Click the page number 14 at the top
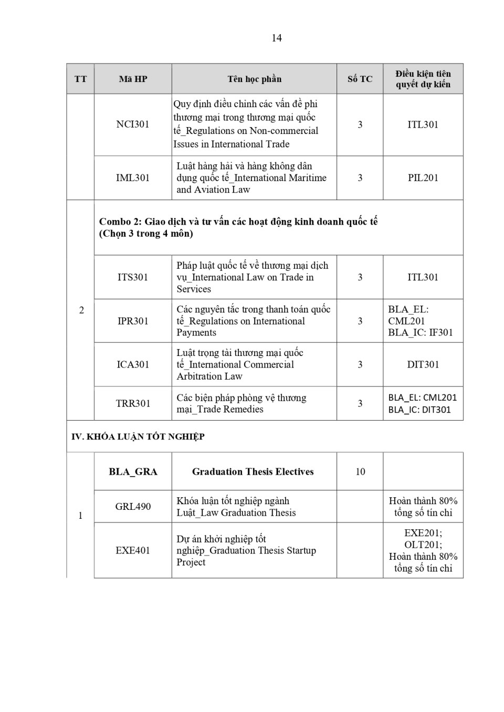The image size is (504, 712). [277, 38]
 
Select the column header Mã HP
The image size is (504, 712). [133, 79]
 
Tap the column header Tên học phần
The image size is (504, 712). [254, 79]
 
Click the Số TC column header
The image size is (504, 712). [360, 79]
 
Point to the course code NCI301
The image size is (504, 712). [133, 124]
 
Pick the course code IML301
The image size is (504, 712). [133, 178]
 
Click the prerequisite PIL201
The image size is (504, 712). [423, 178]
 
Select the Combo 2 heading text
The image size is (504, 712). [238, 227]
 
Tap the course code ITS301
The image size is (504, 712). [133, 277]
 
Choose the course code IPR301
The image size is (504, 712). [133, 321]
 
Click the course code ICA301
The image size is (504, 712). [133, 364]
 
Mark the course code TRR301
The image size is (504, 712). [133, 403]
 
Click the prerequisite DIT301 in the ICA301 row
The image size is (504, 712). [423, 364]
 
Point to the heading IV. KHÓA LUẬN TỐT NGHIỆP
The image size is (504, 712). [138, 436]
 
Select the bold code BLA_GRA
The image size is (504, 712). [133, 472]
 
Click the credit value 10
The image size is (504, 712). [360, 472]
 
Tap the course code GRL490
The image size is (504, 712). [133, 507]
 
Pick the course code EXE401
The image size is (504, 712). [133, 550]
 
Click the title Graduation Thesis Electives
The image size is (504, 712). [253, 472]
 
